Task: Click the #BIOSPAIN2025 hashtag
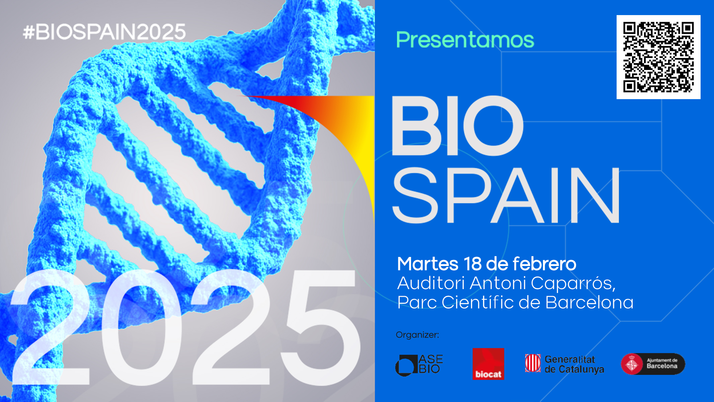104,32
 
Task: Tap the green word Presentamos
465,40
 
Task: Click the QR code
658,57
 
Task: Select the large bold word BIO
457,126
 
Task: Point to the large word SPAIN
506,195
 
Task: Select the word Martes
427,264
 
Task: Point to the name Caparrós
573,284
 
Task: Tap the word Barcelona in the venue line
589,302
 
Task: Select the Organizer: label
417,335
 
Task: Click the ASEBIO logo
419,365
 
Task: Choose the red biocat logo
488,364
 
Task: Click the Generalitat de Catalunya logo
564,364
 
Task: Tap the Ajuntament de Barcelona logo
653,364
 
